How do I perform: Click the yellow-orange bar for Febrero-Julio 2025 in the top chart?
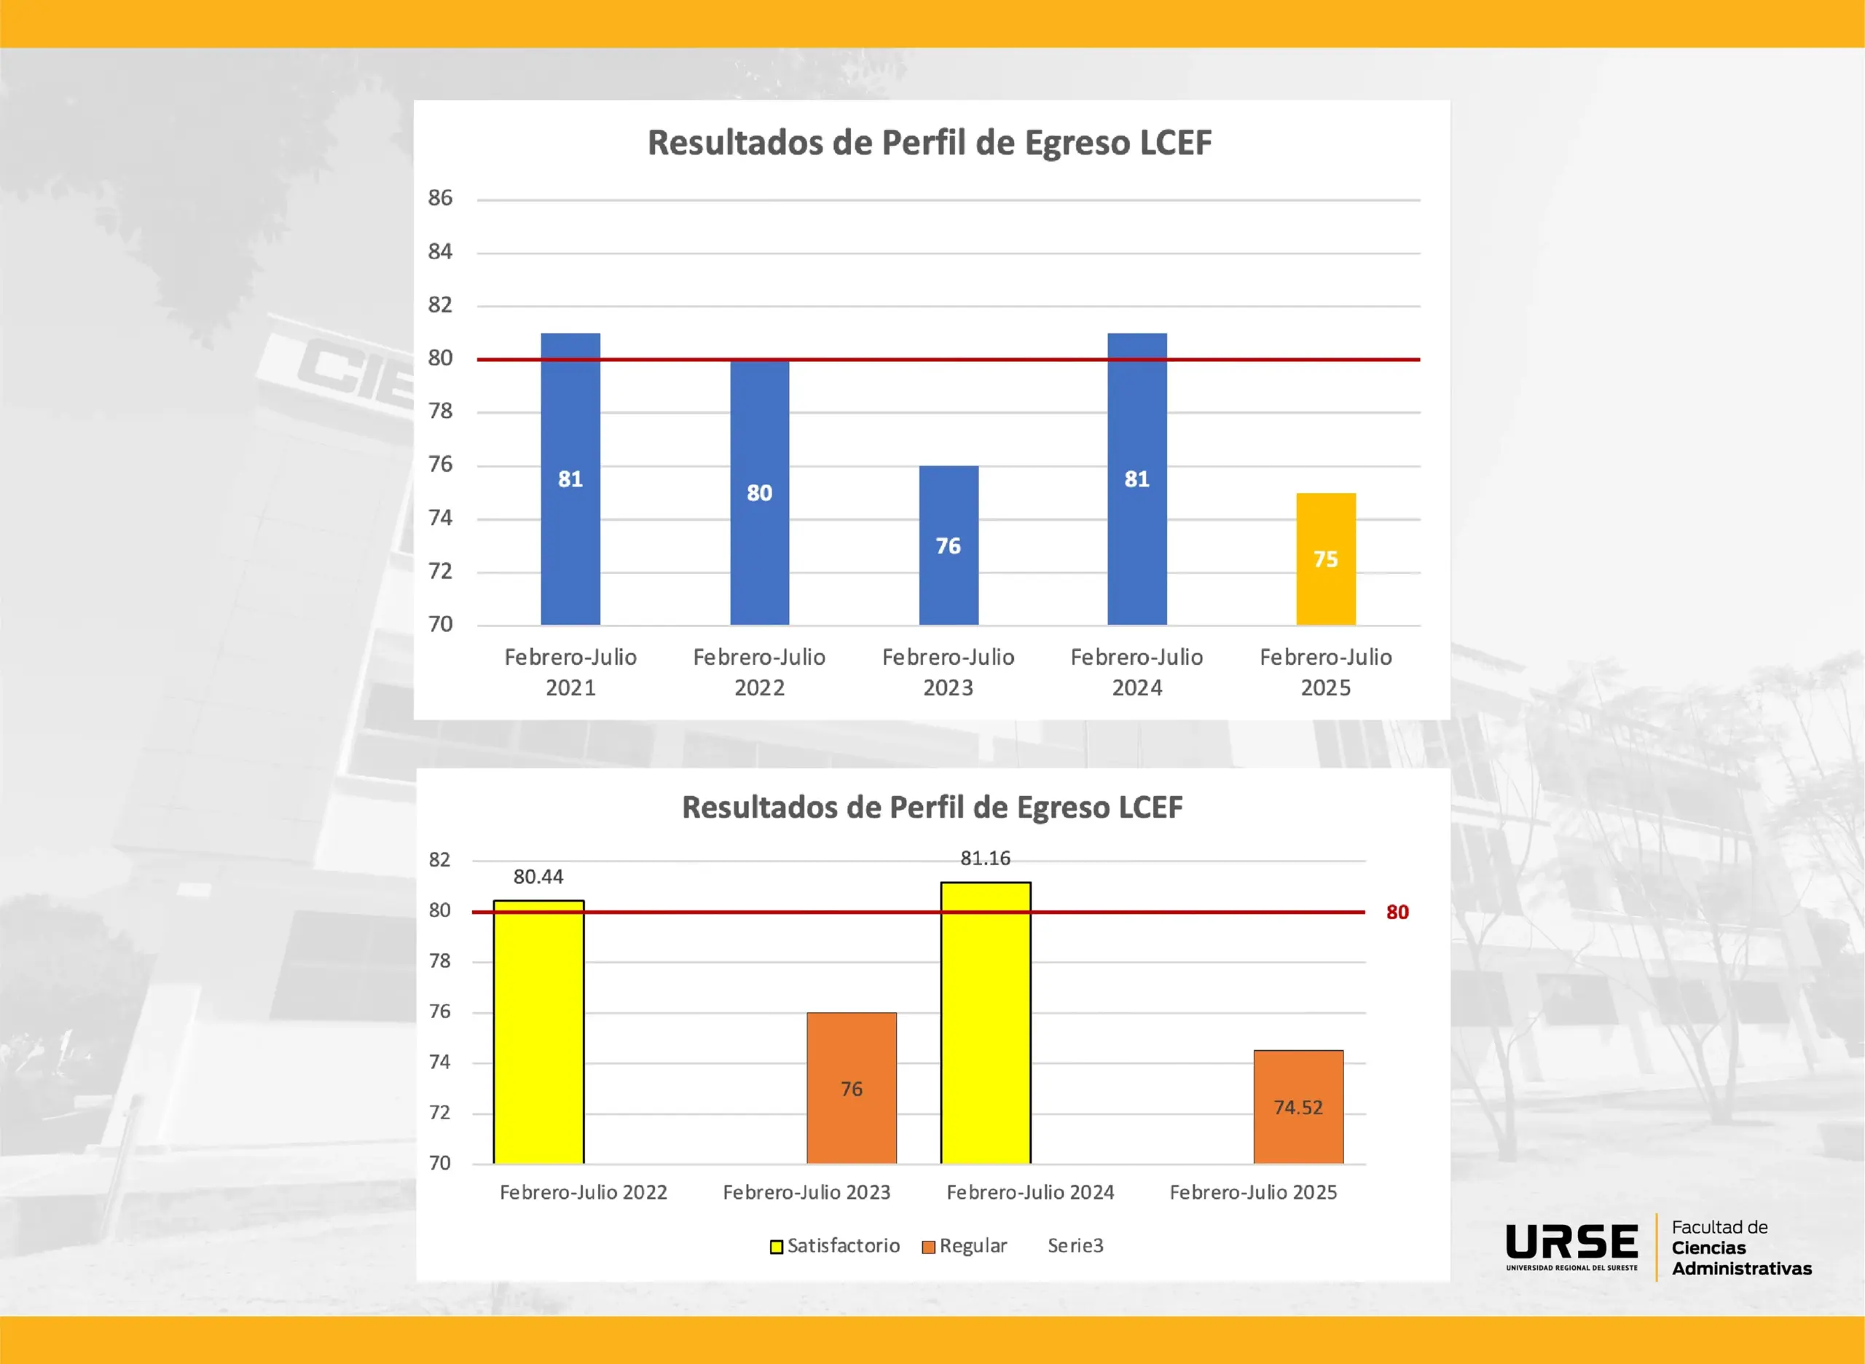click(1326, 559)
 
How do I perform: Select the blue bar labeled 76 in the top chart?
click(949, 545)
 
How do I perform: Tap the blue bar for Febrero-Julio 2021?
click(570, 479)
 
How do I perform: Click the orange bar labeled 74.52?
click(1298, 1106)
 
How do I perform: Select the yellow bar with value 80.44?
click(538, 1032)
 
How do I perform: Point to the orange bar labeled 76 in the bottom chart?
click(852, 1087)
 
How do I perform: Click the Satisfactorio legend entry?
click(835, 1245)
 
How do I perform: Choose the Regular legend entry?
click(965, 1245)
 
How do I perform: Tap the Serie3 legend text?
click(1075, 1245)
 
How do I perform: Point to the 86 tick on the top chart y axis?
click(440, 198)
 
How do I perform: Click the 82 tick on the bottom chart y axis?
click(439, 859)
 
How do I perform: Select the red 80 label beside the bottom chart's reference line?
click(1397, 912)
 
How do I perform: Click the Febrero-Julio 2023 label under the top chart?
click(949, 672)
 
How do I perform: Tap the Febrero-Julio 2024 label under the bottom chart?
click(1030, 1192)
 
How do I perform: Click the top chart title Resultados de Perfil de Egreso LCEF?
click(929, 143)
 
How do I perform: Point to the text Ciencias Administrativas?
click(1741, 1258)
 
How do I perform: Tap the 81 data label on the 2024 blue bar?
click(1136, 479)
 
